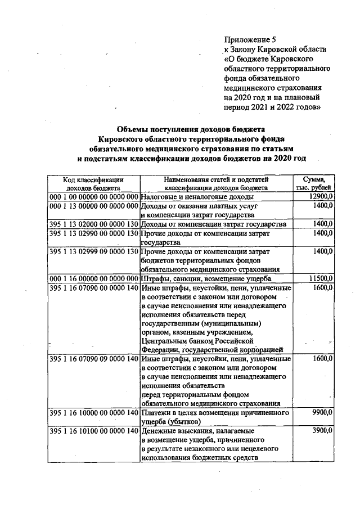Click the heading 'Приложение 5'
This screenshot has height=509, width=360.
250,39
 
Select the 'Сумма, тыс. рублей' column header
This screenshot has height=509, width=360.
317,183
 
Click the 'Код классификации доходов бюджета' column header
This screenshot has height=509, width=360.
93,183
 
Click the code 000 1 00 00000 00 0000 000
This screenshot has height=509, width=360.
93,197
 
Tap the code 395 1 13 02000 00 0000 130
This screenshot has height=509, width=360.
93,224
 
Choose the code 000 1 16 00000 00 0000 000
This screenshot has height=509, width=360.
93,278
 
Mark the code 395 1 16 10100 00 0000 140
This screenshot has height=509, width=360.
93,430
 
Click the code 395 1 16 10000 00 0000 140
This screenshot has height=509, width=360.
93,413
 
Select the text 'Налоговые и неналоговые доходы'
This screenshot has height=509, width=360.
197,197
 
